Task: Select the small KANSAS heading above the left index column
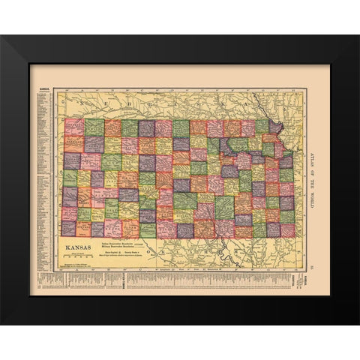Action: (x=40, y=90)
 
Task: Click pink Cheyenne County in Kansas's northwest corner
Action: (x=73, y=127)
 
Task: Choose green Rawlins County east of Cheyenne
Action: (x=93, y=127)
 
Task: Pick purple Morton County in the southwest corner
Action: (x=69, y=228)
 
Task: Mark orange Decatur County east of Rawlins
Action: (x=112, y=127)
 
